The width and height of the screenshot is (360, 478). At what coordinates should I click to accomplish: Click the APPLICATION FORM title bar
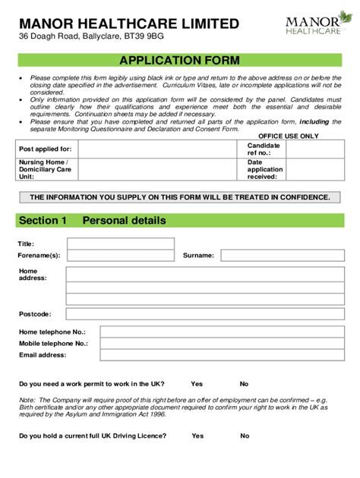pyautogui.click(x=180, y=60)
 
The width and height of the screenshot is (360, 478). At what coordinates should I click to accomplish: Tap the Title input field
pyautogui.click(x=120, y=244)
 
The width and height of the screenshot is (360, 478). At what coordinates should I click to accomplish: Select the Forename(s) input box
pyautogui.click(x=120, y=256)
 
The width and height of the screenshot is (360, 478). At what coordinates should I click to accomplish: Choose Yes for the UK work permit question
pyautogui.click(x=197, y=384)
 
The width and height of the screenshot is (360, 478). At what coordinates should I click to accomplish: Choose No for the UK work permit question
pyautogui.click(x=245, y=384)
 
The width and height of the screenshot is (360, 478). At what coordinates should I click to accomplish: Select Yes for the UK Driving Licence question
pyautogui.click(x=197, y=436)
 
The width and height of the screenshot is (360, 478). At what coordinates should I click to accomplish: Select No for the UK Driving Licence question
pyautogui.click(x=245, y=436)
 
